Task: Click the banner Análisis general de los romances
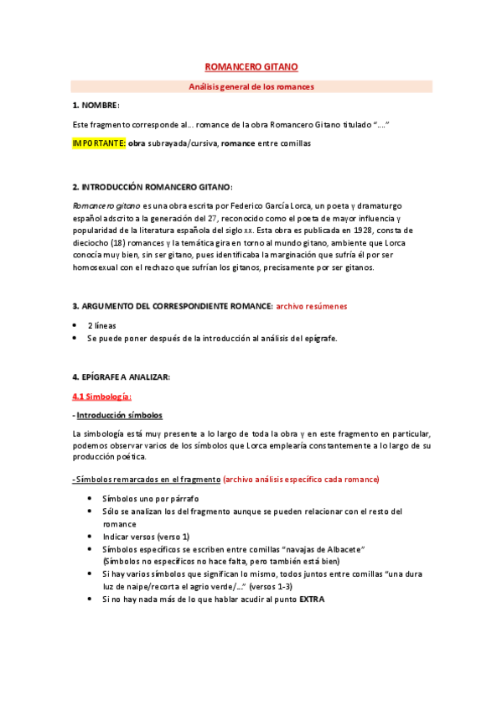251,86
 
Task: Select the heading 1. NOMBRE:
96,105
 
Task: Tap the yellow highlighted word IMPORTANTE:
99,143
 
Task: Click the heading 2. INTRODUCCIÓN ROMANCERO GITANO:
153,186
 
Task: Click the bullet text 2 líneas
102,325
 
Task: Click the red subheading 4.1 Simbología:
102,396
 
